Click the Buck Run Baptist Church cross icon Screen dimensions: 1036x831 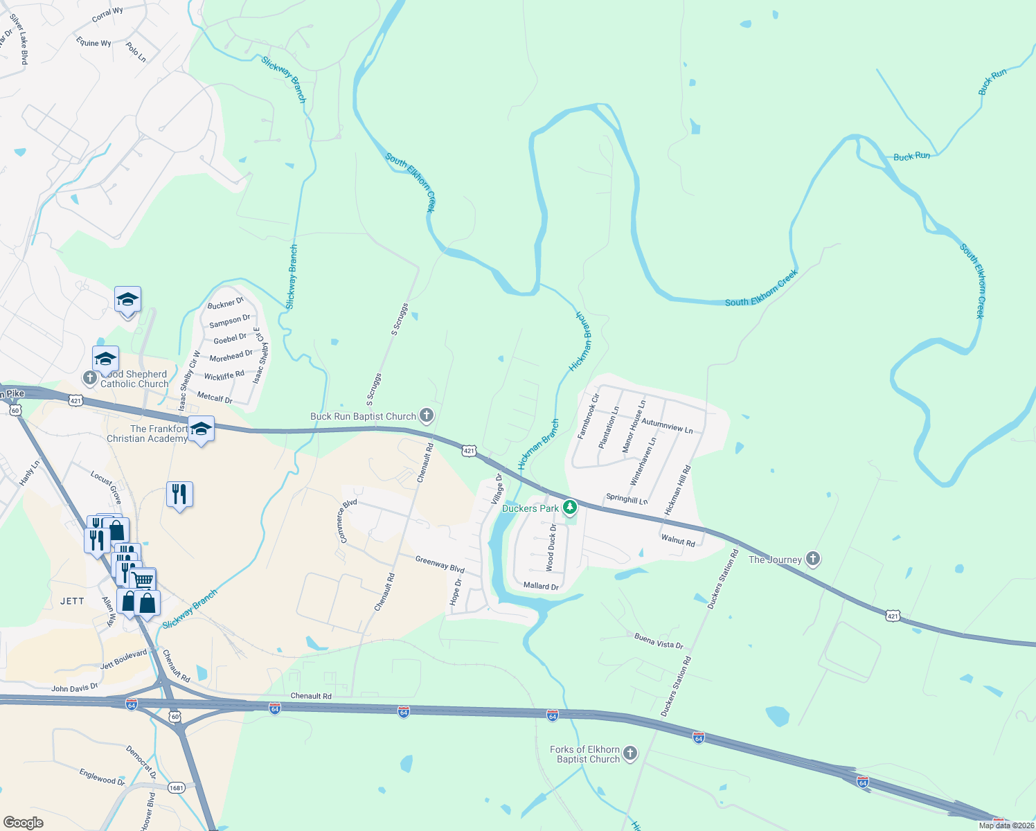pos(427,415)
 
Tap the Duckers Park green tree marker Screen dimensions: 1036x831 pos(569,508)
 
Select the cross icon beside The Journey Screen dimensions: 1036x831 pos(813,559)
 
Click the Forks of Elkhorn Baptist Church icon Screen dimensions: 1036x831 pos(629,754)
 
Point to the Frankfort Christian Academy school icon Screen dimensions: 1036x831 pos(201,429)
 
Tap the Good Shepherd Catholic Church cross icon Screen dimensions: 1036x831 pos(89,378)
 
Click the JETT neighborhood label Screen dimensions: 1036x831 pos(72,601)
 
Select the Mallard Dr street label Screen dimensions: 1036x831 pos(541,586)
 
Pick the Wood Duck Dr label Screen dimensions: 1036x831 pos(551,547)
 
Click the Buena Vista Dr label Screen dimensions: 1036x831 pos(659,642)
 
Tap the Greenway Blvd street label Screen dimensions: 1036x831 pos(440,564)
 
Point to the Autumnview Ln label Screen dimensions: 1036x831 pos(667,425)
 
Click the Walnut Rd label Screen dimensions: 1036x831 pos(678,540)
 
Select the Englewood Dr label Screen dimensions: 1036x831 pos(102,777)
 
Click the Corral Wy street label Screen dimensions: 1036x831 pos(107,14)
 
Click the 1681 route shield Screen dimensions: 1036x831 pos(177,788)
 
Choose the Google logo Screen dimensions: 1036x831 pos(24,823)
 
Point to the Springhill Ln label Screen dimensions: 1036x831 pos(627,499)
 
